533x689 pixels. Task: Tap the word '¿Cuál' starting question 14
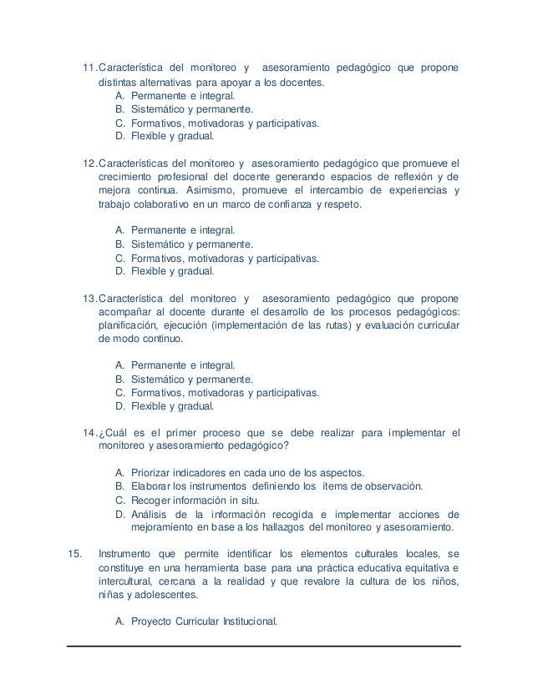pyautogui.click(x=114, y=433)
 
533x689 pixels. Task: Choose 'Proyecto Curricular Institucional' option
pyautogui.click(x=204, y=621)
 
